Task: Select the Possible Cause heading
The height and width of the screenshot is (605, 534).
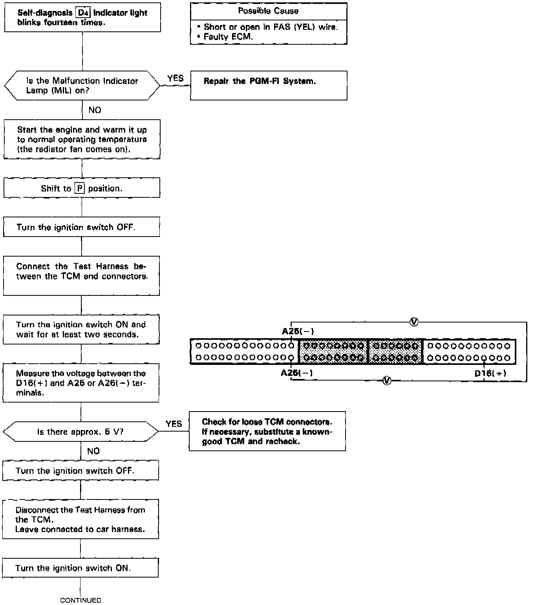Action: [x=268, y=11]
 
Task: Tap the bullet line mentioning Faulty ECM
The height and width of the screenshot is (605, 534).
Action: [x=228, y=37]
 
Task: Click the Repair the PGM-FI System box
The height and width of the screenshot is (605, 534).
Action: [x=269, y=85]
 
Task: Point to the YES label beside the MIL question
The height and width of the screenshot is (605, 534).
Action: [x=175, y=78]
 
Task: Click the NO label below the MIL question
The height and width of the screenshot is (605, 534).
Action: [x=95, y=110]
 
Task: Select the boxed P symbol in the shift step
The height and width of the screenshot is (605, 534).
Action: [x=80, y=188]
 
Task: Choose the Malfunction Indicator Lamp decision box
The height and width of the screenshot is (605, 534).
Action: [x=82, y=86]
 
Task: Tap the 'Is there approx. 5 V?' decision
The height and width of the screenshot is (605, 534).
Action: [x=80, y=432]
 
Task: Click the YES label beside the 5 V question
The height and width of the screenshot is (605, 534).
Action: [x=174, y=424]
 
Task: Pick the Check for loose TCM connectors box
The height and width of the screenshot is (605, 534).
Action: [x=267, y=431]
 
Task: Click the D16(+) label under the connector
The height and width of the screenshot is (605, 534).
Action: [x=490, y=373]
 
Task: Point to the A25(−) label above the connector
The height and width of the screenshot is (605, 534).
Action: [x=298, y=331]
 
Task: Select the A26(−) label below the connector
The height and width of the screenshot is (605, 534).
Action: [x=296, y=373]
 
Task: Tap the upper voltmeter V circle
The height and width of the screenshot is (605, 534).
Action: [x=414, y=322]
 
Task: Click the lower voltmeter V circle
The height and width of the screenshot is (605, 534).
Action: [x=387, y=380]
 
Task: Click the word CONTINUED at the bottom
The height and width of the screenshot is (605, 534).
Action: [x=80, y=600]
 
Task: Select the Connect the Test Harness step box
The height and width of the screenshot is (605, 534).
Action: [x=81, y=275]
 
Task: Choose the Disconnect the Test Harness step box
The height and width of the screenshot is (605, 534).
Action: [x=80, y=519]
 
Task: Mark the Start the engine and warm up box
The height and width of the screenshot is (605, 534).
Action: [x=82, y=139]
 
